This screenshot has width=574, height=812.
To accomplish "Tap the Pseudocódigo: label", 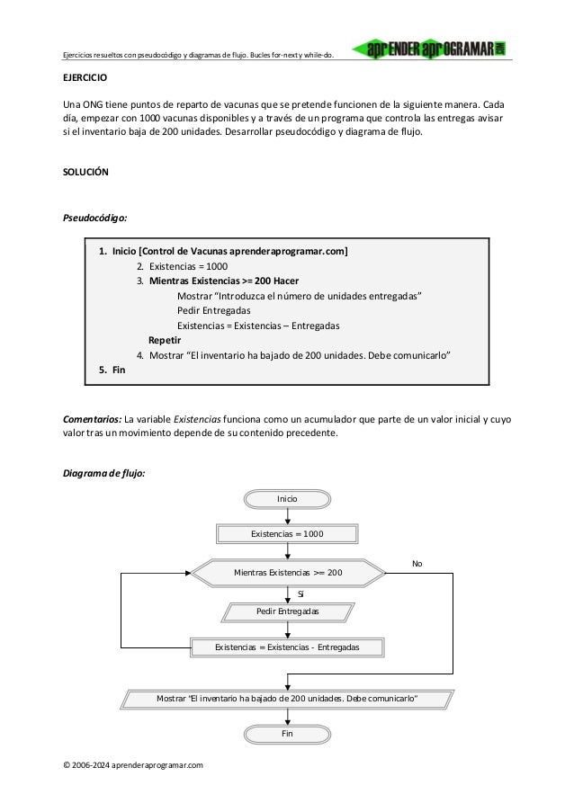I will pos(94,218).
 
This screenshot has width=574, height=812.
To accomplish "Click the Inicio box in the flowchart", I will pos(287,499).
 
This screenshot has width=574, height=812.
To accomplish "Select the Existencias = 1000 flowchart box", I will pos(287,534).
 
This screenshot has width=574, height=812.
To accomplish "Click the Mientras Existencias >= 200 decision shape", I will pos(287,572).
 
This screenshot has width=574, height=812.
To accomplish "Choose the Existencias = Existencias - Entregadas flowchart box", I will pos(287,647).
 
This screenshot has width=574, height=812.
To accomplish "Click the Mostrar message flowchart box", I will pos(287,699).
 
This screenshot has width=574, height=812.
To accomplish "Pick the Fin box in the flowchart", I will pos(287,734).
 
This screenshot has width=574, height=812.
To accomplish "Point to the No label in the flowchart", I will pos(417,563).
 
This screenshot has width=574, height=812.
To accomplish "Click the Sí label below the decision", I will pos(300,593).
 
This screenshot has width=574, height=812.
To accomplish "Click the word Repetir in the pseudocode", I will pos(165,340).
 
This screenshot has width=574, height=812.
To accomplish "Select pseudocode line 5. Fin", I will pos(112,370).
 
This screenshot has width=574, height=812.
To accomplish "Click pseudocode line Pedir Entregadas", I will pos(214,310).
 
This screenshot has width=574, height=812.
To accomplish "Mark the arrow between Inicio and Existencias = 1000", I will pos(287,516).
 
